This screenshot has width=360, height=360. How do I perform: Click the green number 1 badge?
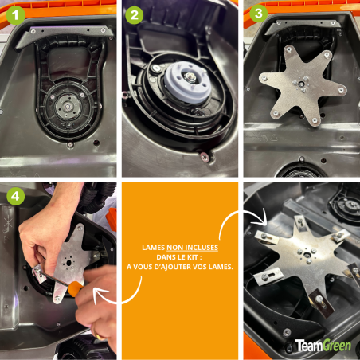pos(14,14)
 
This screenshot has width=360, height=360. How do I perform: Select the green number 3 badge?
pos(258,14)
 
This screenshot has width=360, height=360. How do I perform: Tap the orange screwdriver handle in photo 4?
pos(75,289)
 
